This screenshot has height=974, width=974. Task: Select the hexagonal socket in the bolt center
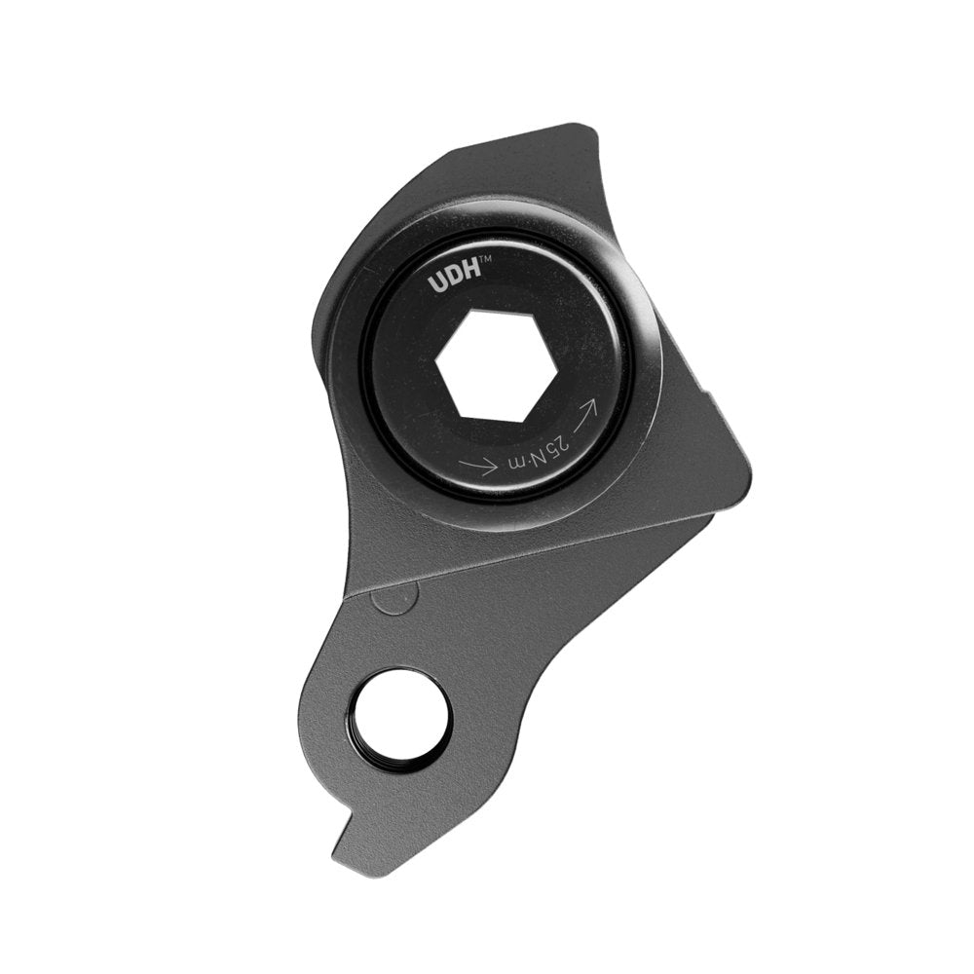pyautogui.click(x=496, y=365)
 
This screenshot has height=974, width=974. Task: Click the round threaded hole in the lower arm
pyautogui.click(x=402, y=721)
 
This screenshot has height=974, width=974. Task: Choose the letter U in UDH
pyautogui.click(x=436, y=283)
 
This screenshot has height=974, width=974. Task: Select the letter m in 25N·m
pyautogui.click(x=520, y=458)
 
